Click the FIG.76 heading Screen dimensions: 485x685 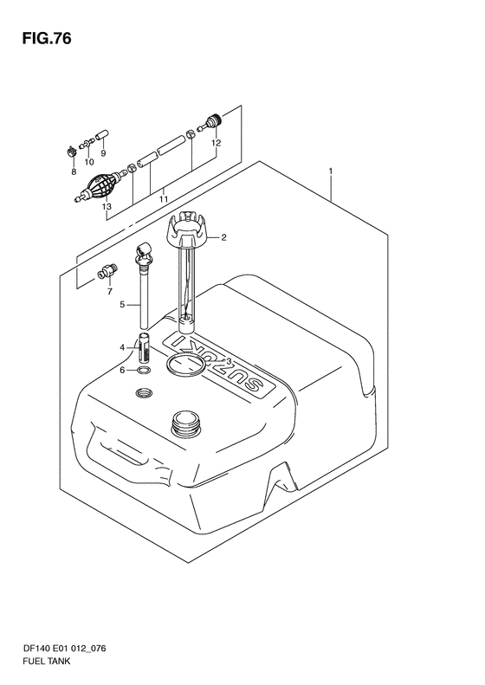(46, 39)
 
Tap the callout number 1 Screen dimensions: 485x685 (331, 171)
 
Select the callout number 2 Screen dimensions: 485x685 (223, 237)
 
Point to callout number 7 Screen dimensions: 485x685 (110, 291)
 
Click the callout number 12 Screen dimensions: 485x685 (217, 143)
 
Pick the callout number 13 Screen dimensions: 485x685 (107, 207)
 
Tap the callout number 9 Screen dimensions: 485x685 (103, 153)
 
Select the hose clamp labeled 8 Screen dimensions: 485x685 (71, 152)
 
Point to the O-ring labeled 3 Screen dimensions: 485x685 (184, 365)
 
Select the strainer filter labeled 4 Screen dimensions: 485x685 (144, 347)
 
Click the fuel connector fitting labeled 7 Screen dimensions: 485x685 (107, 271)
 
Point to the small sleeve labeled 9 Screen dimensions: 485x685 (102, 135)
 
